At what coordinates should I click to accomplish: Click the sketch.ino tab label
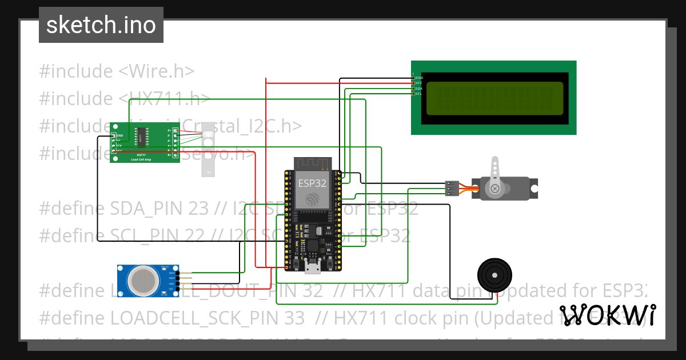(101, 25)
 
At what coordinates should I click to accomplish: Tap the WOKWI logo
(607, 315)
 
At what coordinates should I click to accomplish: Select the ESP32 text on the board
(312, 183)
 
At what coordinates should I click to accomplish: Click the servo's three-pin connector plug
(452, 188)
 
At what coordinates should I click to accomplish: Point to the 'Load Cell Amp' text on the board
(141, 159)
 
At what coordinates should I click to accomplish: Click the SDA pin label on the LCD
(418, 89)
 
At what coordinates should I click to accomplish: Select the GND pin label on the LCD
(418, 77)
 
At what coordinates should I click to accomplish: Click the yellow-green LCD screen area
(494, 97)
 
